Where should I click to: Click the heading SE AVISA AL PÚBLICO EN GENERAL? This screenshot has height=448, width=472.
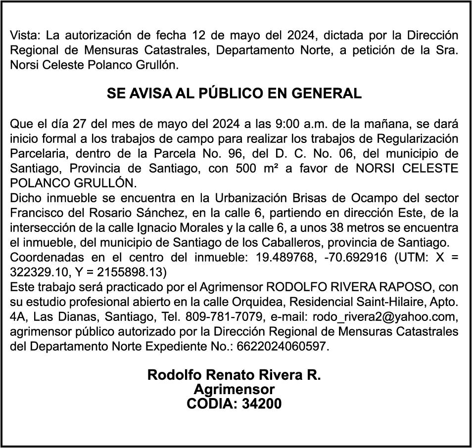click(234, 93)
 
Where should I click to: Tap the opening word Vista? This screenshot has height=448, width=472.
click(26, 36)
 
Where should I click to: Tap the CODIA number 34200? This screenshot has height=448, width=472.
click(261, 403)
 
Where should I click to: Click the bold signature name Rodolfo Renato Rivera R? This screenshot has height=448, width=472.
click(234, 375)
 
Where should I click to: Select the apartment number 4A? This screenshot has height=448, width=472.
click(18, 317)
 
